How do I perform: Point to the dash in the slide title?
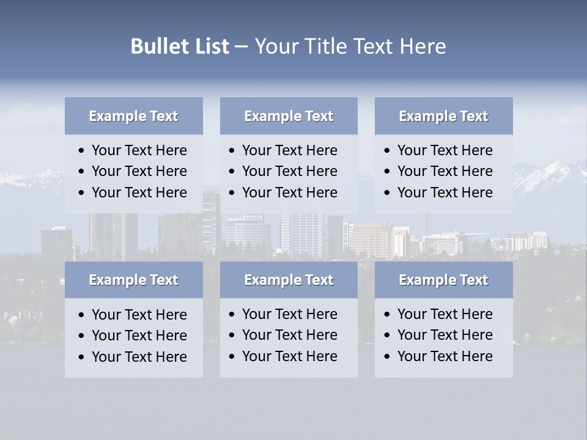point(241,47)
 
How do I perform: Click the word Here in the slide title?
point(423,46)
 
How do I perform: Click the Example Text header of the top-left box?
point(133,116)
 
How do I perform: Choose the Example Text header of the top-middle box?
point(289,116)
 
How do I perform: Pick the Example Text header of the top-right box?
point(443,116)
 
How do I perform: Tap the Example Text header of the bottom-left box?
point(133,280)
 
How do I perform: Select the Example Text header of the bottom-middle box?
point(289,280)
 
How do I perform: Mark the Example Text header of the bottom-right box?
point(443,280)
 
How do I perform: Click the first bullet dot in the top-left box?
point(82,151)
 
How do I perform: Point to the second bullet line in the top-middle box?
point(289,171)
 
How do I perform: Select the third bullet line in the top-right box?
point(445,193)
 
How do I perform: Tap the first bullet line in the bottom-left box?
point(139,315)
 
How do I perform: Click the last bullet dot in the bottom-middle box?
point(232,357)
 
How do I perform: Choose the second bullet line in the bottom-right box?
point(445,335)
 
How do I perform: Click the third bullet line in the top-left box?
point(139,193)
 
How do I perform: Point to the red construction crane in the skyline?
point(427,222)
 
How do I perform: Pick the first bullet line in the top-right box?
point(445,150)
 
